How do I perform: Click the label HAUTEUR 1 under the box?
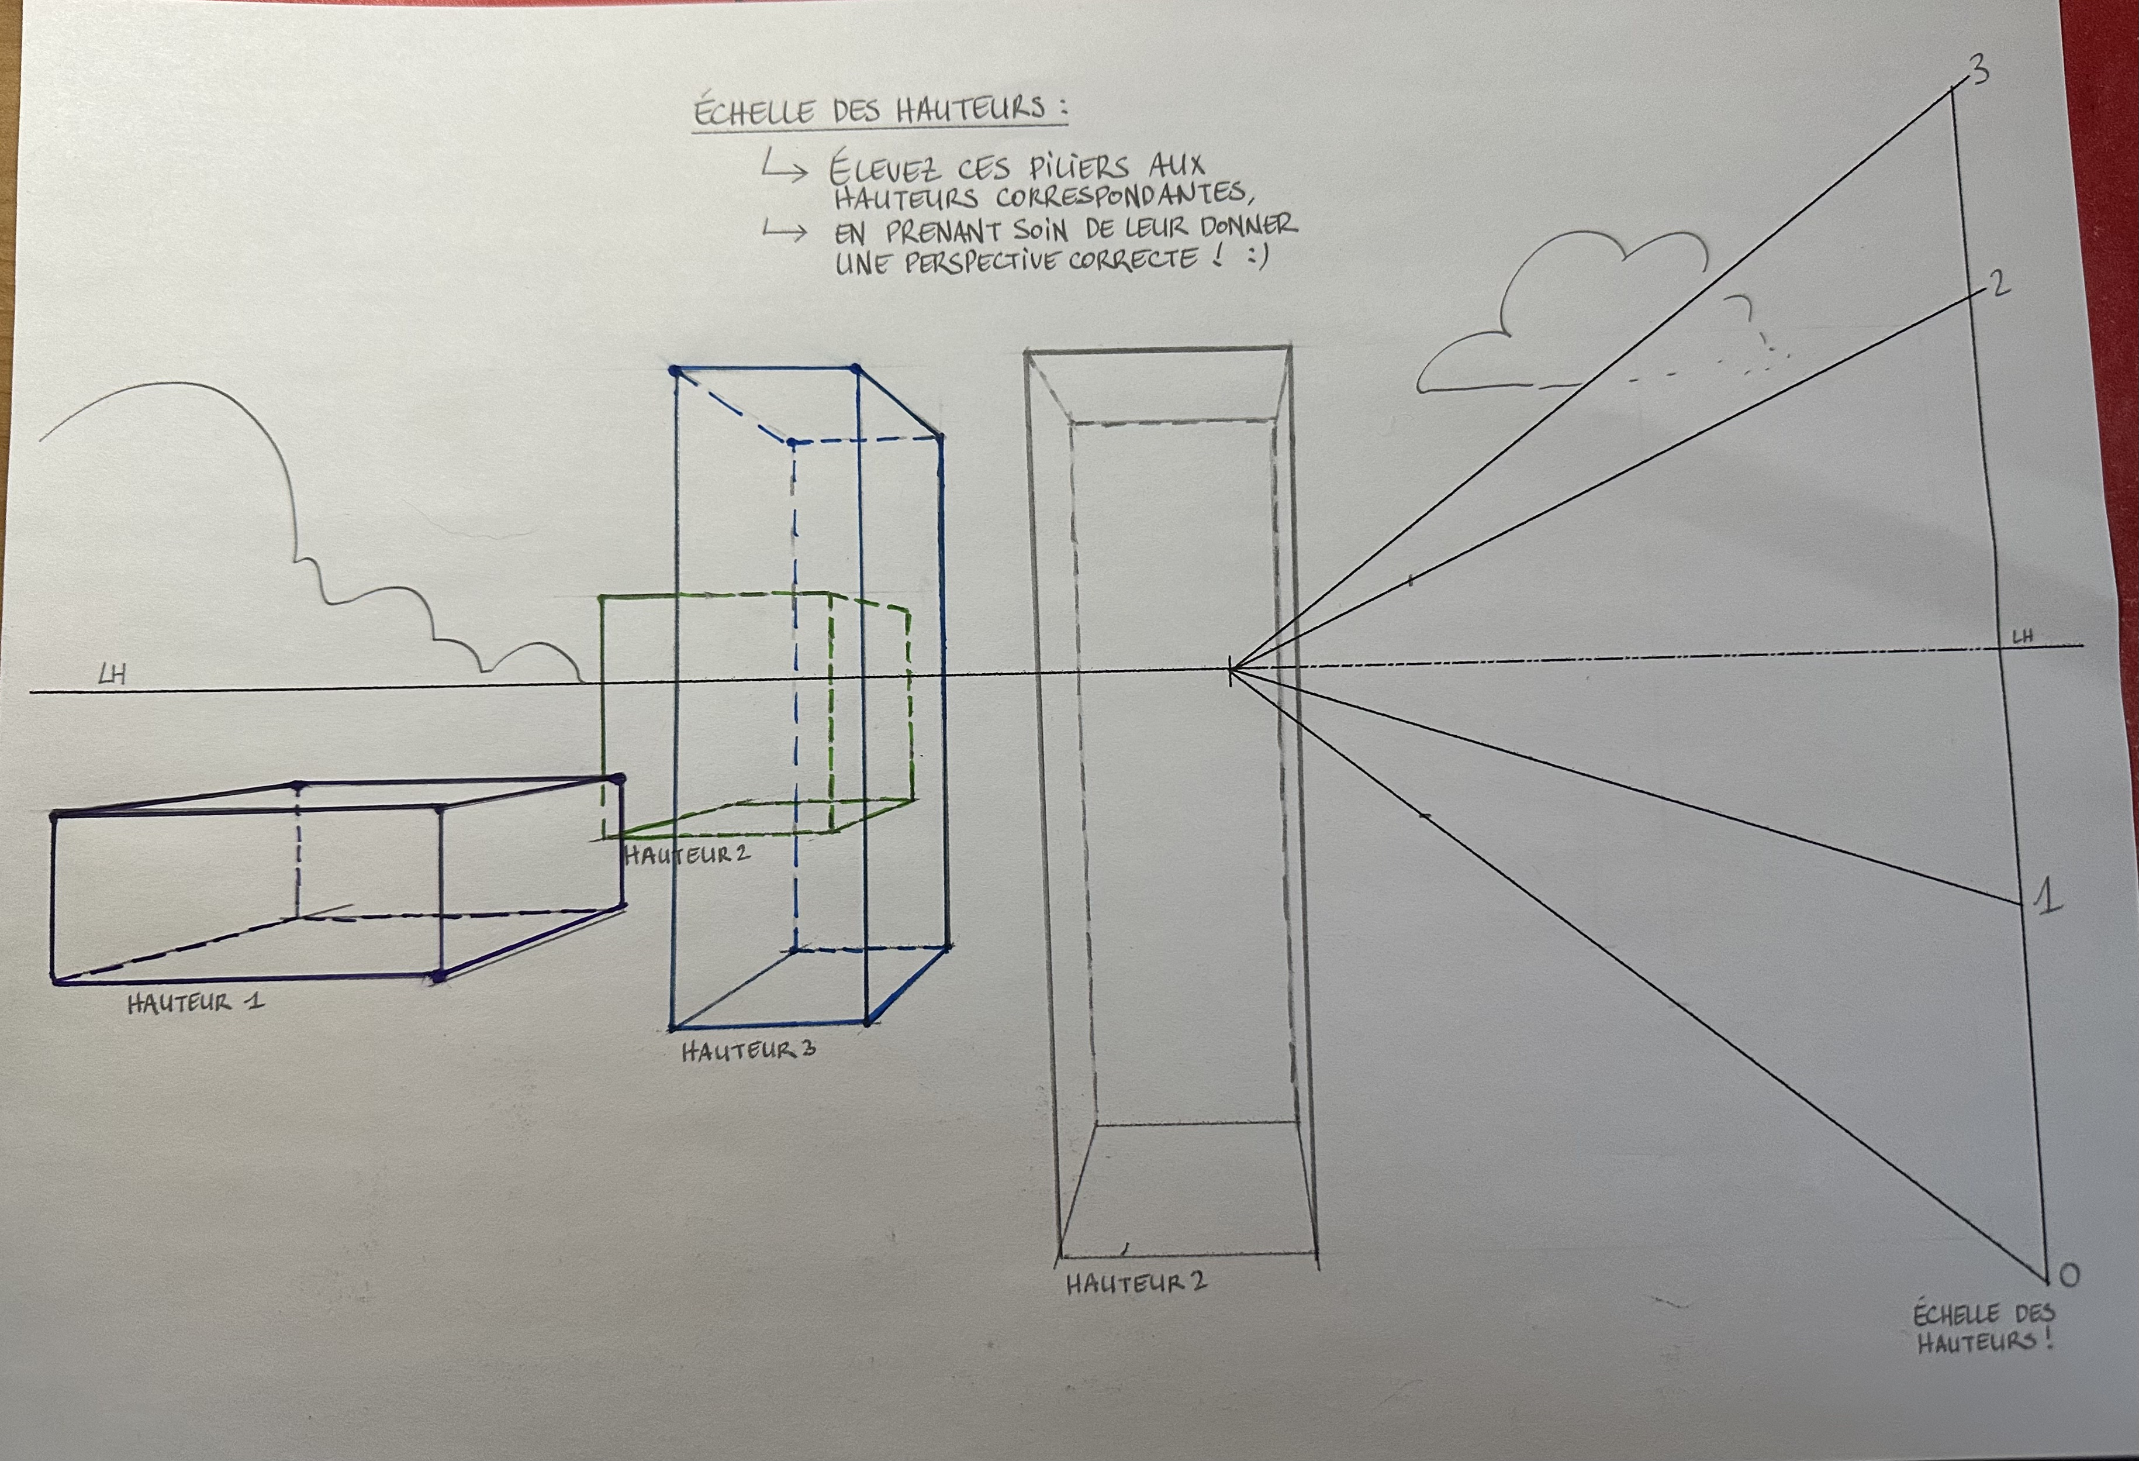pos(195,1002)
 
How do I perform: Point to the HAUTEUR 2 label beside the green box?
pos(687,854)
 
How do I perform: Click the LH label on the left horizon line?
pos(112,675)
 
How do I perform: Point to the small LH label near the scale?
pos(2022,636)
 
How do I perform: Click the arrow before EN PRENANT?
pos(784,232)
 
